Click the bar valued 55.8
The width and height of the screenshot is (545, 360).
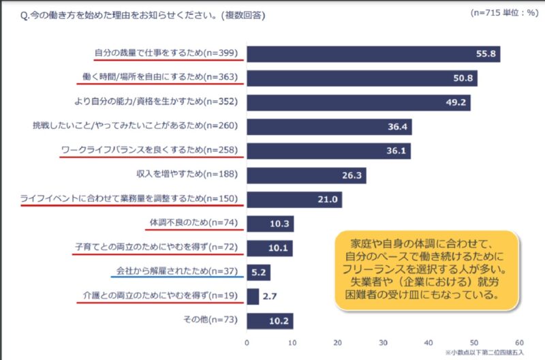(x=373, y=54)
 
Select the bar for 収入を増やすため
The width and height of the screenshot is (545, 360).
(x=306, y=175)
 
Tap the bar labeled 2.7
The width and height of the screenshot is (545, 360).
(x=252, y=297)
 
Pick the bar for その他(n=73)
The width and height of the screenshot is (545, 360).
(x=269, y=320)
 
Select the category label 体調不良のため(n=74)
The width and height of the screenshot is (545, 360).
(x=193, y=223)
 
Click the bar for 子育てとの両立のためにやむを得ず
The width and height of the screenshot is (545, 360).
(x=269, y=248)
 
